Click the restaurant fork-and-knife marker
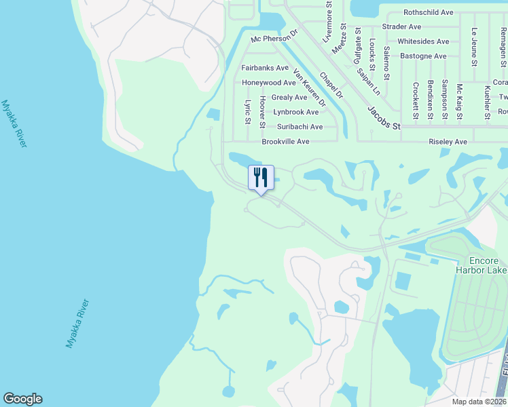[261, 178]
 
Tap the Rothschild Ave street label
[428, 12]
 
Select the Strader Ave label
[401, 26]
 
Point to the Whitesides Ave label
[423, 41]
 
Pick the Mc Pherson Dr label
[274, 39]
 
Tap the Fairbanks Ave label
[265, 68]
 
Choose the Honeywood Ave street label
[269, 83]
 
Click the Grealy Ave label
[289, 97]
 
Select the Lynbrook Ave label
[295, 112]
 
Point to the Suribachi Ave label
[300, 127]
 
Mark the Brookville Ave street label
[285, 142]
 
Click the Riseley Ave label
[448, 142]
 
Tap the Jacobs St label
[384, 117]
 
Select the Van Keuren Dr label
[309, 88]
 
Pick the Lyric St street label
[247, 113]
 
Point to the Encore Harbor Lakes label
[483, 266]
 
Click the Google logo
[22, 399]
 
